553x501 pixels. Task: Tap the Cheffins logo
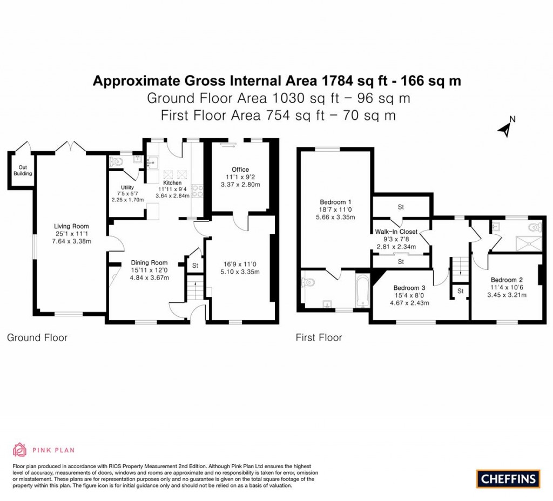coord(508,478)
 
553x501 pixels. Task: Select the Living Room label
coord(71,226)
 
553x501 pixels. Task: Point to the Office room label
coord(240,170)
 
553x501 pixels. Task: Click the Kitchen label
coord(172,182)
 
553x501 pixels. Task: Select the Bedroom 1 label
coord(335,202)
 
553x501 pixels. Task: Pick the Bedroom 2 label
coord(506,280)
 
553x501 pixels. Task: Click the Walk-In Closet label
coord(400,232)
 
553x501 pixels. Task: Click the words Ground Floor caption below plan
coord(37,338)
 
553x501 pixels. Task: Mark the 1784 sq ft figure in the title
coord(353,81)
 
